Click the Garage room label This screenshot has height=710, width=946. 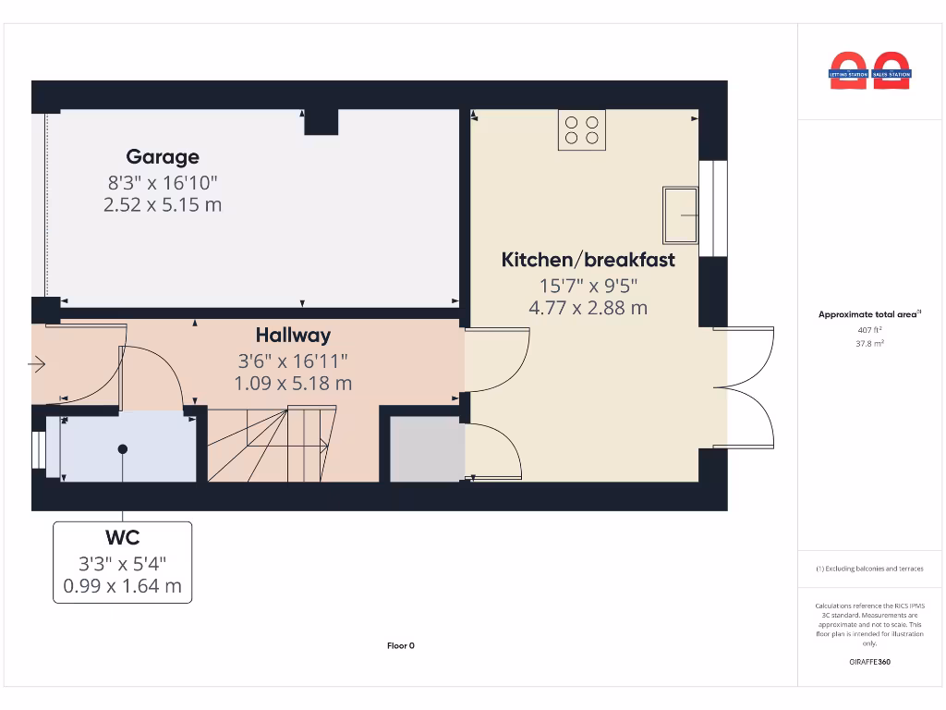[x=163, y=157]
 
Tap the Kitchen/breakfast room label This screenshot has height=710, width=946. [x=588, y=260]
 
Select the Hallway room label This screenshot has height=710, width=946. [x=293, y=336]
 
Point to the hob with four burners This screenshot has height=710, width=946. [x=581, y=130]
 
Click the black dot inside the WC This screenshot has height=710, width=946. [x=122, y=449]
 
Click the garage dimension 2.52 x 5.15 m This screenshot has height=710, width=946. [x=163, y=204]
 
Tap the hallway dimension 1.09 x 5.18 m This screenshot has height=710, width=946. [x=293, y=382]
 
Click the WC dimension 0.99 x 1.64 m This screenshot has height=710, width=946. [x=122, y=585]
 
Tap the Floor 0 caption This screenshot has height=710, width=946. [x=400, y=645]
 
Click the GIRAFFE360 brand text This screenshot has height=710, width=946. [x=869, y=662]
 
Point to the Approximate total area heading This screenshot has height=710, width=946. [x=868, y=314]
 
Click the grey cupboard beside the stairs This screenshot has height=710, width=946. [x=427, y=449]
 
